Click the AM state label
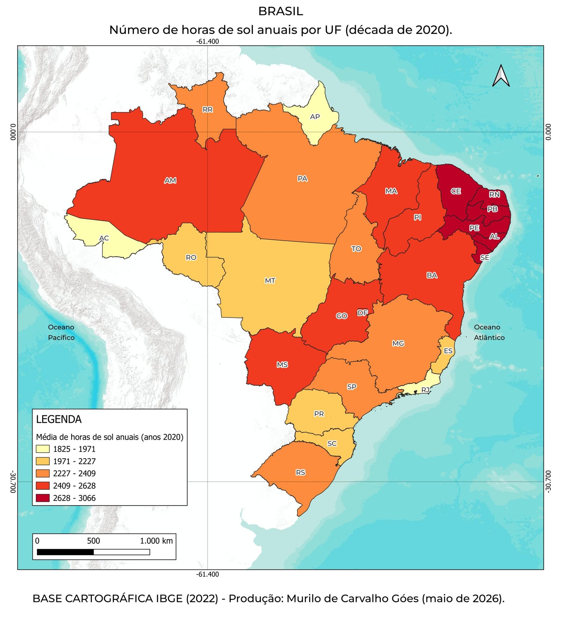pyautogui.click(x=170, y=181)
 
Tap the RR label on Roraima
pyautogui.click(x=208, y=110)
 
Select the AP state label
pyautogui.click(x=315, y=117)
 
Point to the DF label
pyautogui.click(x=363, y=313)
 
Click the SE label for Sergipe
pyautogui.click(x=484, y=258)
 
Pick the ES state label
pyautogui.click(x=448, y=351)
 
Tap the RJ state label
pyautogui.click(x=425, y=390)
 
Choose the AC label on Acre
pyautogui.click(x=104, y=238)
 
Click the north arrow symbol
pyautogui.click(x=501, y=75)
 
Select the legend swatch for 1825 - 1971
pyautogui.click(x=43, y=449)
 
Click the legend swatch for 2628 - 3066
pyautogui.click(x=43, y=498)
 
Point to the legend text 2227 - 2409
pyautogui.click(x=74, y=473)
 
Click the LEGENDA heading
pyautogui.click(x=59, y=420)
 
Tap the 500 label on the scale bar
pyautogui.click(x=94, y=541)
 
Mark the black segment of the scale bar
pyautogui.click(x=65, y=552)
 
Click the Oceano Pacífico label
pyautogui.click(x=61, y=332)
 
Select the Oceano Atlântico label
pyautogui.click(x=489, y=332)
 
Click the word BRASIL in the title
pyautogui.click(x=281, y=11)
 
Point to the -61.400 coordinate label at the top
pyautogui.click(x=208, y=41)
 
